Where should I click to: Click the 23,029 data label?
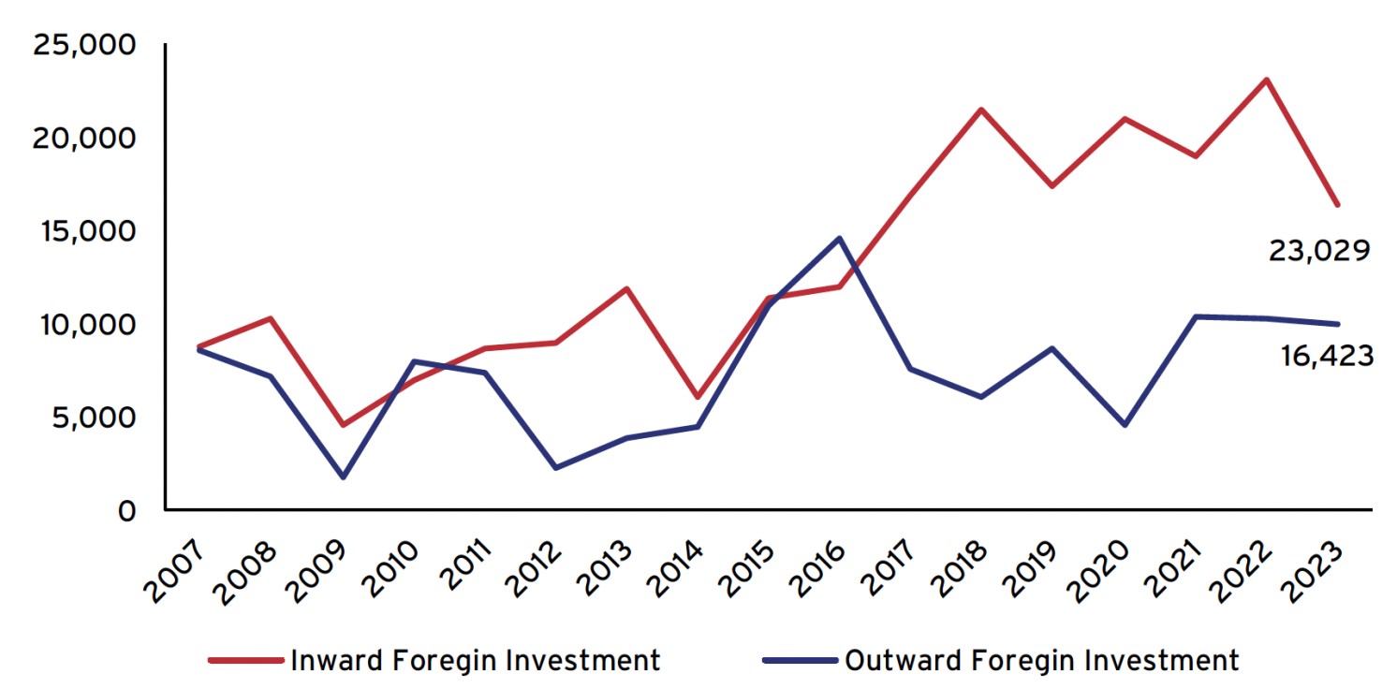tap(1319, 251)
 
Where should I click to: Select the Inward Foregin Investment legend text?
tap(476, 660)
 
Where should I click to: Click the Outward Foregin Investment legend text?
tap(1041, 660)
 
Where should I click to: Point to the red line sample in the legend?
tap(244, 660)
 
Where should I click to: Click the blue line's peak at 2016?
tap(840, 238)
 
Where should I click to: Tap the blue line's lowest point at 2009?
tap(343, 477)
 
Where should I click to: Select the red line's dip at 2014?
tap(698, 397)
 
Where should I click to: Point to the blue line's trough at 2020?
tap(1124, 425)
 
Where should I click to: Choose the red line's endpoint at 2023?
tap(1337, 204)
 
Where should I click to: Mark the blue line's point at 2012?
tap(556, 468)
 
